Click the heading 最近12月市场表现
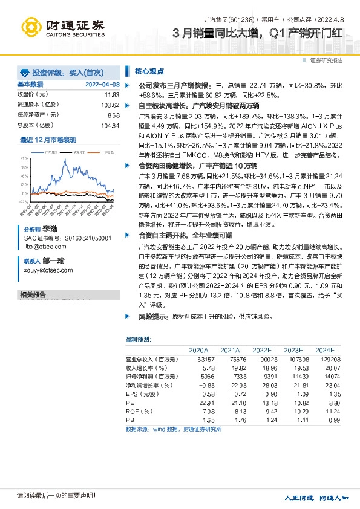coord(48,140)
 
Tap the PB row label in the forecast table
coord(130,419)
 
